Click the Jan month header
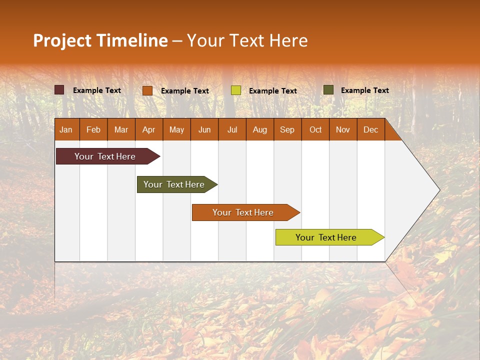(66, 130)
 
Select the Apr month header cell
(149, 130)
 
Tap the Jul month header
(232, 130)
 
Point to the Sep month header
(287, 130)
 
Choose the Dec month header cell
(370, 130)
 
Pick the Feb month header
(93, 130)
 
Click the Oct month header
(315, 130)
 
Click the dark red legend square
(59, 90)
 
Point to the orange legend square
(147, 90)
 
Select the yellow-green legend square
(236, 90)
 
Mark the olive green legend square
(328, 90)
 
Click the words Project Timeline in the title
(100, 40)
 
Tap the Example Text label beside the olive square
(365, 90)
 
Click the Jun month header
(204, 130)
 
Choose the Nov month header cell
(343, 130)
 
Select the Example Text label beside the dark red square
(97, 90)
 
